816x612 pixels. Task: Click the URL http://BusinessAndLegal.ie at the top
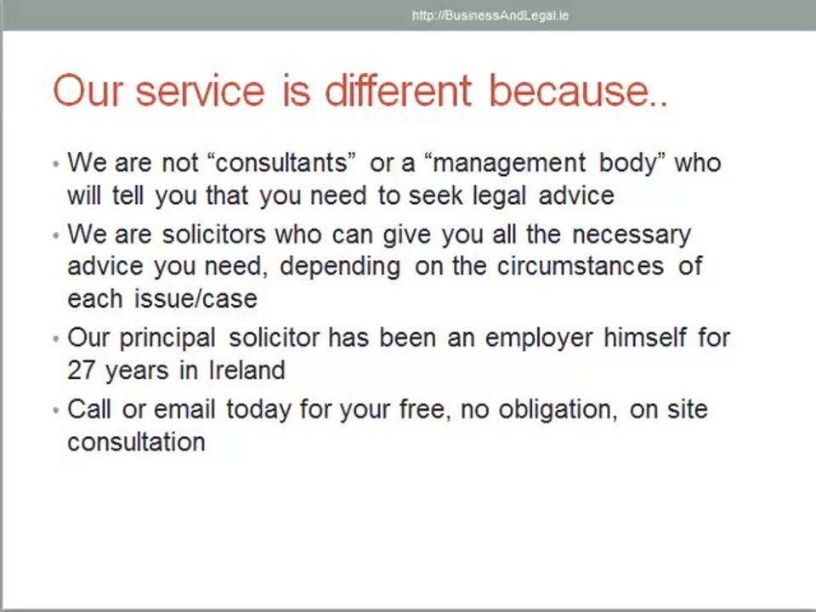tap(490, 15)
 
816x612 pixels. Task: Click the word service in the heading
tap(200, 90)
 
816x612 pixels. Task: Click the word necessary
tap(632, 234)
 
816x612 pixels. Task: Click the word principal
tap(167, 337)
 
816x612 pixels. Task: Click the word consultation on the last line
tap(136, 442)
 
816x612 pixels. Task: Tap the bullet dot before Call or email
tap(55, 410)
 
